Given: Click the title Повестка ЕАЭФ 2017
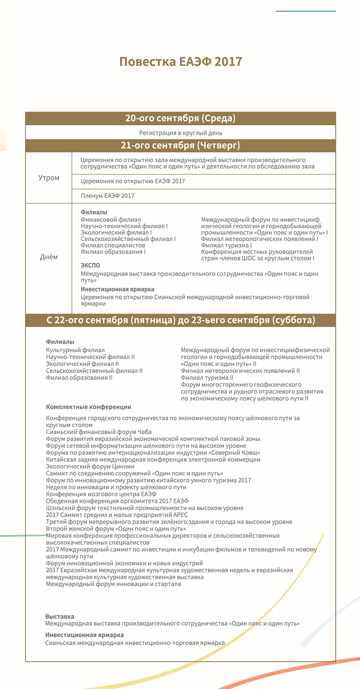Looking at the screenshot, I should [180, 62].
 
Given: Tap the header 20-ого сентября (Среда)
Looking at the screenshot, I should [180, 118].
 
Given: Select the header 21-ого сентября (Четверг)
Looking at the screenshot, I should [180, 146].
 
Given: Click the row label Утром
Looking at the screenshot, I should [49, 178].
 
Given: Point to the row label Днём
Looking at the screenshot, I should [49, 257].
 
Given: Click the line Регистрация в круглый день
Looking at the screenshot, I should [180, 133].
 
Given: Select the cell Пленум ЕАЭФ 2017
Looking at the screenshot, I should [108, 196].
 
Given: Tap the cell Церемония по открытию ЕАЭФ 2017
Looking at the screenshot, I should [133, 181].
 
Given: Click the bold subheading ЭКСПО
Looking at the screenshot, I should [90, 266].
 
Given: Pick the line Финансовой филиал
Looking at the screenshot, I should [111, 220].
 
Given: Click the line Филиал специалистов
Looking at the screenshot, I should [113, 245].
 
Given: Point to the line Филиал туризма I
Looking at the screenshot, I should [227, 245].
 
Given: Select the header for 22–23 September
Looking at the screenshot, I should [180, 320].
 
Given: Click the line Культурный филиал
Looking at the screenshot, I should [75, 350].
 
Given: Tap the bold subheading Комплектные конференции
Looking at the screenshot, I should [88, 407].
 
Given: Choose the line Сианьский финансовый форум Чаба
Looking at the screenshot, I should [99, 432].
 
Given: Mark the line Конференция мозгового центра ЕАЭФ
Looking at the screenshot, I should [101, 494].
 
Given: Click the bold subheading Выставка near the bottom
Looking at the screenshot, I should [59, 617].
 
